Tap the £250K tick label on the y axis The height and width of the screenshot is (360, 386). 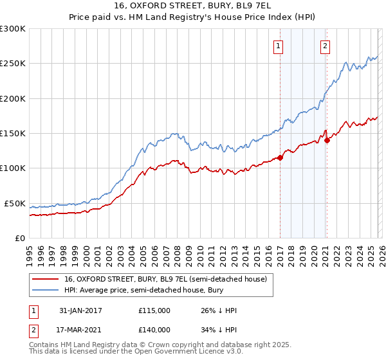click(13, 64)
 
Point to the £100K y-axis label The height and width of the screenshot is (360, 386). click(13, 168)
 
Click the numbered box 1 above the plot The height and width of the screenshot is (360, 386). click(279, 46)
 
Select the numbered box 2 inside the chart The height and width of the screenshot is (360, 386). click(326, 46)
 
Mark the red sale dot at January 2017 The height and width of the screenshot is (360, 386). click(280, 158)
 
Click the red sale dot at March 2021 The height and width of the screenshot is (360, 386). click(327, 140)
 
